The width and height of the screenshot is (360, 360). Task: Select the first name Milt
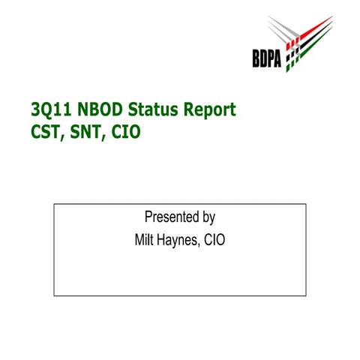(x=145, y=241)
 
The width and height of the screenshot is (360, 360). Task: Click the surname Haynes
(x=181, y=241)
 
